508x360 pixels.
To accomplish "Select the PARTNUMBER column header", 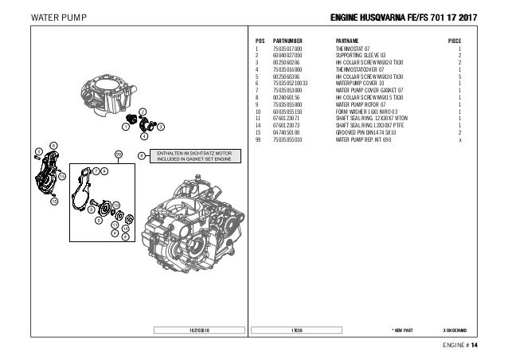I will click(288, 40).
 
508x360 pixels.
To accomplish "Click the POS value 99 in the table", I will click(258, 137).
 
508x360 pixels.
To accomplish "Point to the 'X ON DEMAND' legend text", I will click(459, 328).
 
